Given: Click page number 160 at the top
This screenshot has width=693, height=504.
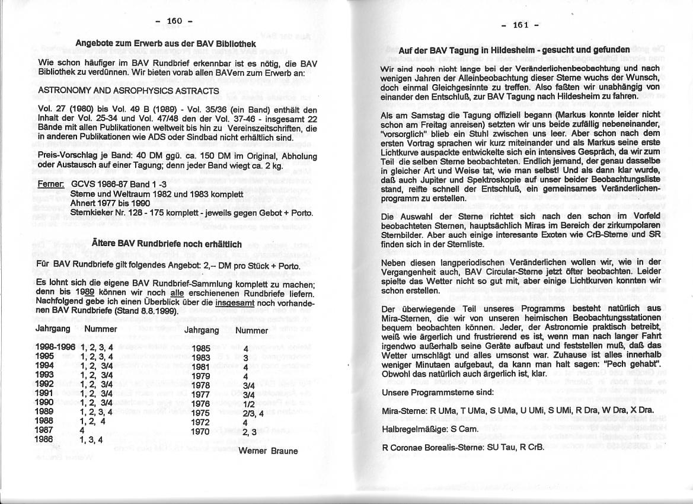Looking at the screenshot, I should tap(174, 21).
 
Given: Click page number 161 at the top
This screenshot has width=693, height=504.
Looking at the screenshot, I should tap(520, 25).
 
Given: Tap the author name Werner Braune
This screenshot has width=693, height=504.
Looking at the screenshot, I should tap(268, 450).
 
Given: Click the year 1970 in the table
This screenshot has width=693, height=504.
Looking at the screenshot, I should tap(201, 432).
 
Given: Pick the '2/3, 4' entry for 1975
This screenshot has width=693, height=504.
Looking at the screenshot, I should tap(253, 413).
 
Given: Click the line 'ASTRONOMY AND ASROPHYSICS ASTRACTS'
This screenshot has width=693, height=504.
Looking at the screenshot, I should tap(129, 91).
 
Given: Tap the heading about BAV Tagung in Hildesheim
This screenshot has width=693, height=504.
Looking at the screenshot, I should tap(513, 50).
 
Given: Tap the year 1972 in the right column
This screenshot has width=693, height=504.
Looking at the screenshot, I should tap(201, 423).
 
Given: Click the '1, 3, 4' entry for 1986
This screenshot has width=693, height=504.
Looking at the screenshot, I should tap(91, 440).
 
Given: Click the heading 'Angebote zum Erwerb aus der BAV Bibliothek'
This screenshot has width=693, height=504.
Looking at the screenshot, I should tap(166, 43).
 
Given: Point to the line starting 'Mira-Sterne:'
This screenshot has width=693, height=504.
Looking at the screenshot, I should tap(518, 410).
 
